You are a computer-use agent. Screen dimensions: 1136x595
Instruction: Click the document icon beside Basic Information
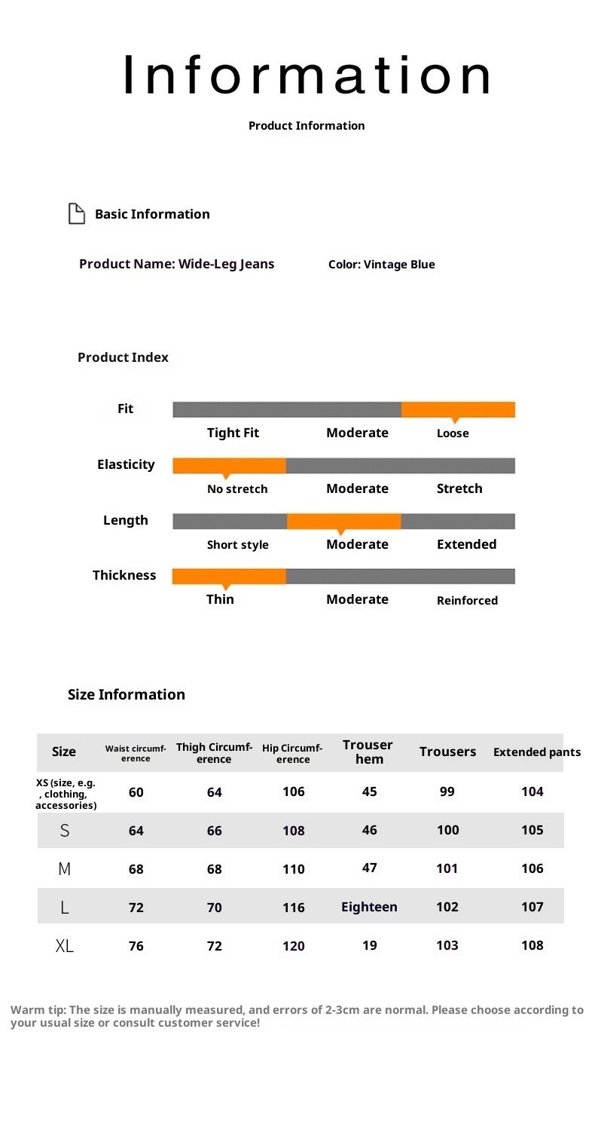[76, 214]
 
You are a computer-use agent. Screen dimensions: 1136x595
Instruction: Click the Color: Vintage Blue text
[382, 265]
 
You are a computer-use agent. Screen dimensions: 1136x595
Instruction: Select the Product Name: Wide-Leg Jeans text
[177, 264]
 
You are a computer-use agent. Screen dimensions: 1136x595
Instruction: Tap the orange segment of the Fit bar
[458, 409]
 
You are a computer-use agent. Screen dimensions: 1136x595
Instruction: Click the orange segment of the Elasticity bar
[229, 465]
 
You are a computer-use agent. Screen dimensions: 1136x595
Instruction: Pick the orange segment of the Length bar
[343, 521]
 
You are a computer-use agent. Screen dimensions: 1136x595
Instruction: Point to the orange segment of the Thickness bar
[229, 577]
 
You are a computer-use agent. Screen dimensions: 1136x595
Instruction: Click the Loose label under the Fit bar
[453, 433]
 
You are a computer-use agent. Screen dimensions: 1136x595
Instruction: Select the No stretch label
[237, 489]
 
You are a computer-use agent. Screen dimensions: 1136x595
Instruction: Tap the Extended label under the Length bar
[467, 544]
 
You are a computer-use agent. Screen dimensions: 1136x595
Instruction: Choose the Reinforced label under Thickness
[467, 601]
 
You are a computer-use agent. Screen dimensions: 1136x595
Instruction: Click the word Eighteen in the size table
[369, 908]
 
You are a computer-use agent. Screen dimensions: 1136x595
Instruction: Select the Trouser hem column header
[368, 752]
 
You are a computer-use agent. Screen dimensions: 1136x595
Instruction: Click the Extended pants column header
[536, 752]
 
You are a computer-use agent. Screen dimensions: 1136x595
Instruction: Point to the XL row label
[65, 946]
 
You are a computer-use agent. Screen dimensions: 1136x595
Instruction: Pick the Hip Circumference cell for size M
[294, 869]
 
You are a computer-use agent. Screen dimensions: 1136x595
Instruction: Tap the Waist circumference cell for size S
[136, 831]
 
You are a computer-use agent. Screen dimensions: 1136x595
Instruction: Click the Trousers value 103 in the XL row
[447, 945]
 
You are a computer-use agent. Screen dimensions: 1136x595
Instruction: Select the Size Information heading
[127, 694]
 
